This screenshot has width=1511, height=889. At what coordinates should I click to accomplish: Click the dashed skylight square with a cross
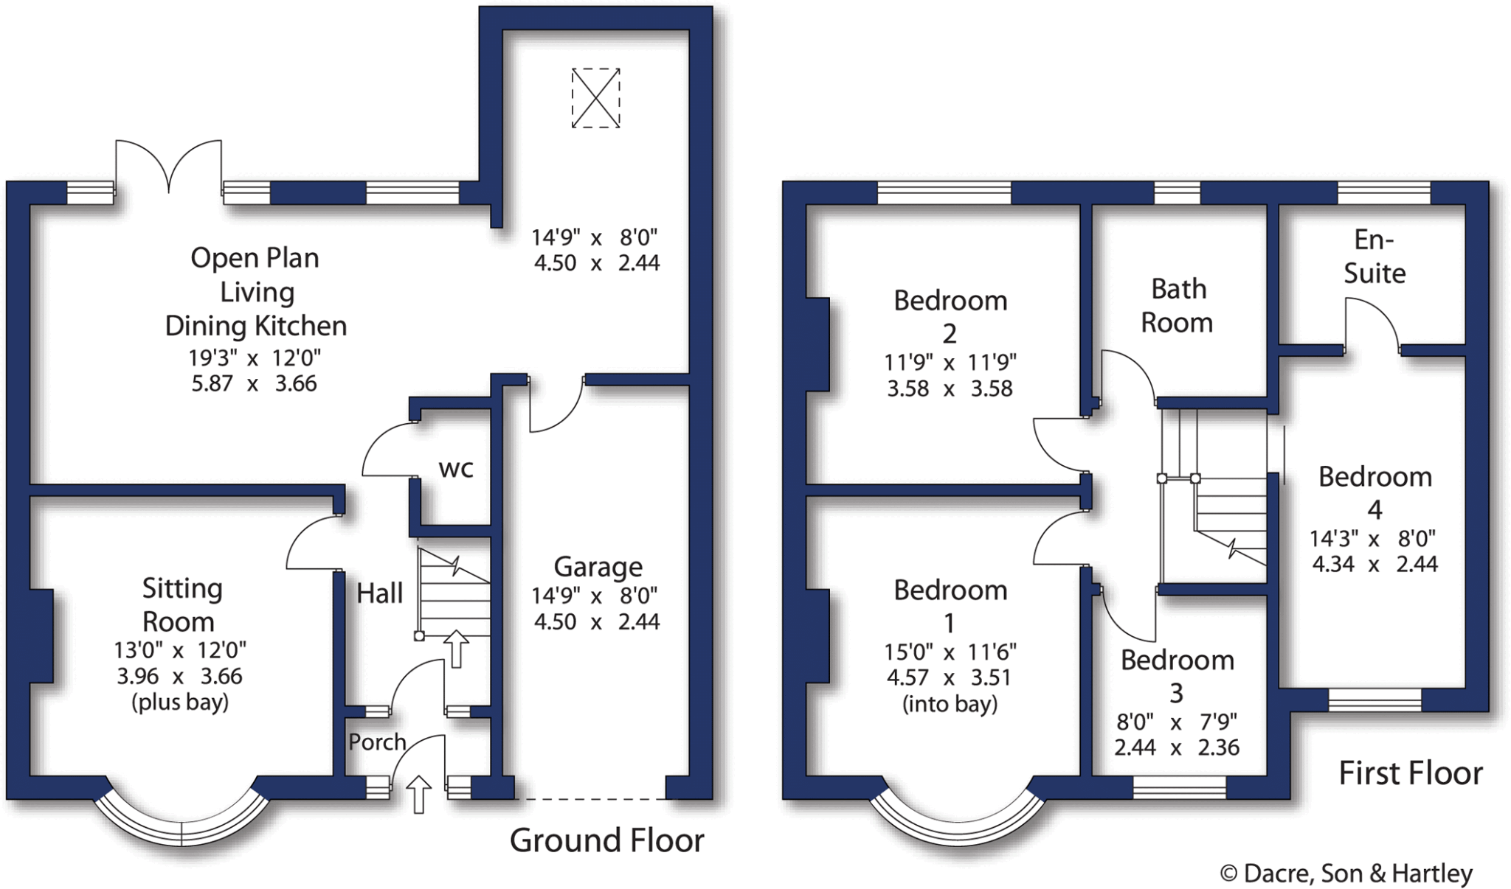(595, 98)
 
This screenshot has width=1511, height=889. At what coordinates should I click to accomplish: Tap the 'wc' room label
(455, 468)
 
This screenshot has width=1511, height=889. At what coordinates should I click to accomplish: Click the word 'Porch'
(377, 742)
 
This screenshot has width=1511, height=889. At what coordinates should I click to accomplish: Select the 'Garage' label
(598, 567)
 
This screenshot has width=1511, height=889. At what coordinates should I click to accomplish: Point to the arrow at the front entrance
(419, 795)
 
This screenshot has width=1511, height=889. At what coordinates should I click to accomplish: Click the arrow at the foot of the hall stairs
(457, 649)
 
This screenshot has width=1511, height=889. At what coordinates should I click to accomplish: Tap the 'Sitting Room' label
(181, 604)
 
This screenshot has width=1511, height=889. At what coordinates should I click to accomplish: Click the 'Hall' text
(379, 593)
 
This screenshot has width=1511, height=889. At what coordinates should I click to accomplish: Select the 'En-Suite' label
(1374, 257)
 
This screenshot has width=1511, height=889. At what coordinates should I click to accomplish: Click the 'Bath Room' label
(1178, 305)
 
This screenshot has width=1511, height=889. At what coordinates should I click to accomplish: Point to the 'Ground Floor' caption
(606, 840)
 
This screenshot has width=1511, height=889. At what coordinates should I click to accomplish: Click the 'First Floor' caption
(1410, 773)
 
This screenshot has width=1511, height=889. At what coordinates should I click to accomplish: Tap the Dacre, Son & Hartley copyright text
(1346, 874)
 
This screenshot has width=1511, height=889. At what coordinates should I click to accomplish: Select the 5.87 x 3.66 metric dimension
(254, 383)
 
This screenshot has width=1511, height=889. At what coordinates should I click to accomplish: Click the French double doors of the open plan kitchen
(169, 166)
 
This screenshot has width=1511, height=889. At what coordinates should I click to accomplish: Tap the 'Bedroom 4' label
(1375, 492)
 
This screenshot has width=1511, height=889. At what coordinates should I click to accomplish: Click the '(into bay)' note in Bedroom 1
(950, 704)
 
